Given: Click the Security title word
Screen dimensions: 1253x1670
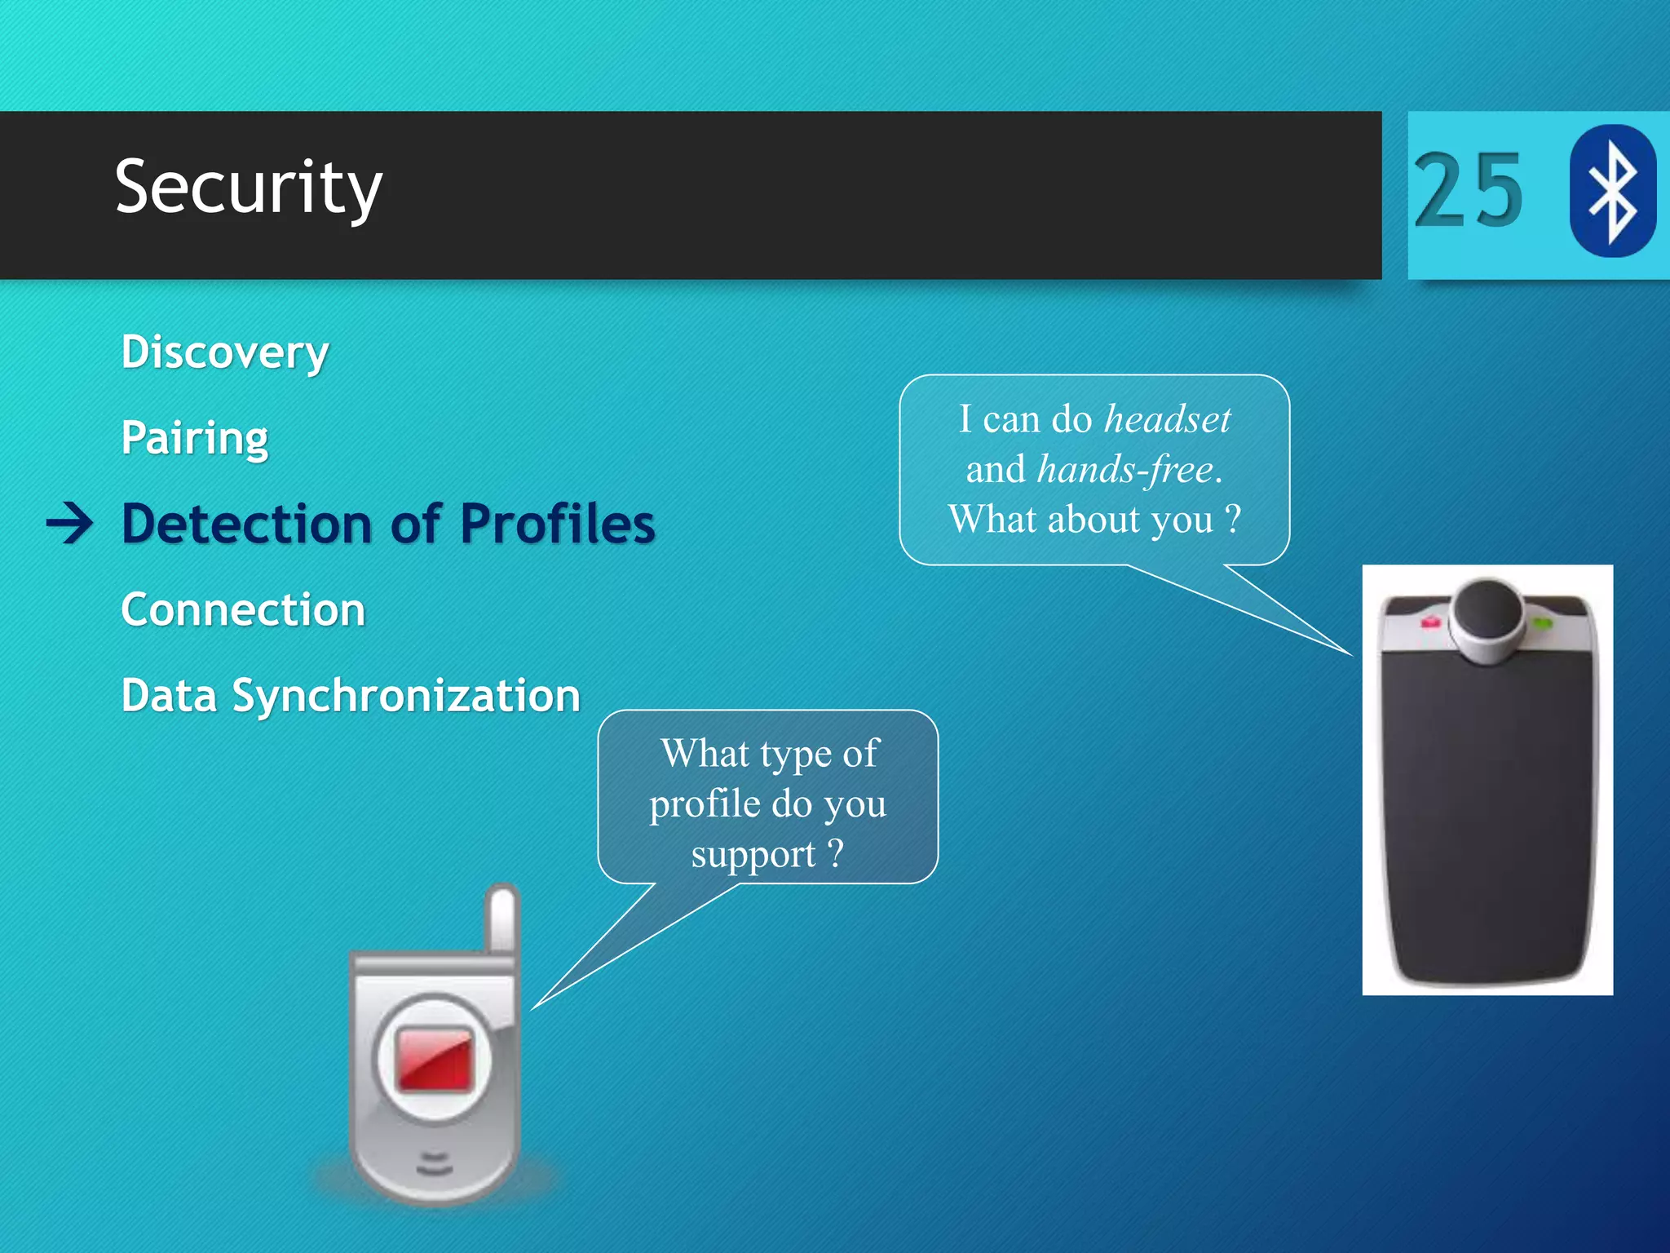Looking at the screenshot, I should tap(248, 188).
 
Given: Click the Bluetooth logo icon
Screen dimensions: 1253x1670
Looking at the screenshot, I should tap(1612, 191).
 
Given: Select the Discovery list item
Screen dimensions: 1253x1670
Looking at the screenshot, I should tap(225, 352).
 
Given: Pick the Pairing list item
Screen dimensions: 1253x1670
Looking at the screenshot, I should tap(194, 438).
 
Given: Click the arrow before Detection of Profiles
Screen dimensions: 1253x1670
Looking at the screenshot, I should tap(69, 523).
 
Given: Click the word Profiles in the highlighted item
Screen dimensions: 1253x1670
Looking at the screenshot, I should tap(557, 523).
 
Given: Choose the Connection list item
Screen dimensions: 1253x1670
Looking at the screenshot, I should tap(243, 609).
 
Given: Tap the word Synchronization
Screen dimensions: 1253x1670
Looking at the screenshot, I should tap(405, 696).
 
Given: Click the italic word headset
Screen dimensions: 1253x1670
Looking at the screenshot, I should tap(1167, 419).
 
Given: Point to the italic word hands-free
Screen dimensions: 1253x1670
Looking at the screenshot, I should tap(1124, 470).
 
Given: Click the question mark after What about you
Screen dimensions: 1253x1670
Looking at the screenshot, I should tap(1233, 519).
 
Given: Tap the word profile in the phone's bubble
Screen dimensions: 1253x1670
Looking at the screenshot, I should tap(705, 804).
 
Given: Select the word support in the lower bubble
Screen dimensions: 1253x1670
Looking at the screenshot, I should tap(753, 855).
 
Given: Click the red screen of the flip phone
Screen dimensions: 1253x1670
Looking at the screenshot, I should tap(435, 1059).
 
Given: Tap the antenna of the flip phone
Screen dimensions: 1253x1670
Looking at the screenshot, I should tap(501, 918).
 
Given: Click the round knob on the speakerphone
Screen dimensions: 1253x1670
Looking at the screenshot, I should tap(1488, 613).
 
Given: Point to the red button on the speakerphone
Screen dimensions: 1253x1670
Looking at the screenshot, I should tap(1431, 622).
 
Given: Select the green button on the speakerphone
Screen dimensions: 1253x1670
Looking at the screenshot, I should tap(1541, 624).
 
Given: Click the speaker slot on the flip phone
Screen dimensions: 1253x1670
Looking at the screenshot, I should tap(434, 1163).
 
